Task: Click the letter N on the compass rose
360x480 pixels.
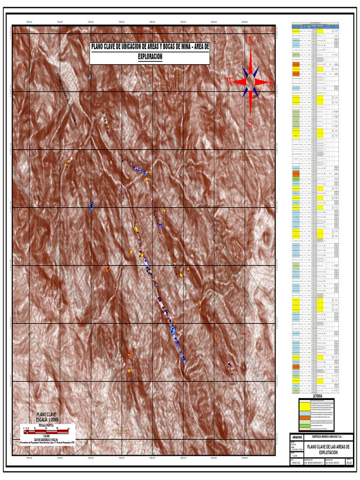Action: click(x=251, y=40)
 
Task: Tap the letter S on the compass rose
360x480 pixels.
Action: click(x=250, y=123)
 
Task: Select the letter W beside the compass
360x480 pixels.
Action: click(x=229, y=82)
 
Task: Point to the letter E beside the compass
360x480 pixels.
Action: click(x=270, y=82)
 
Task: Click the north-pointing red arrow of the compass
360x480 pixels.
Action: click(x=251, y=61)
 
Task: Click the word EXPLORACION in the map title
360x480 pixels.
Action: click(x=150, y=56)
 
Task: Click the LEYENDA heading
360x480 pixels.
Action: click(x=318, y=396)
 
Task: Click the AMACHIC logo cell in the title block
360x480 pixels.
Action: click(x=297, y=437)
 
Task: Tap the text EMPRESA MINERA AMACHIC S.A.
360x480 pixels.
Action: click(x=328, y=437)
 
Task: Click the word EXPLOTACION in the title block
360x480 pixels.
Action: click(x=328, y=453)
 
